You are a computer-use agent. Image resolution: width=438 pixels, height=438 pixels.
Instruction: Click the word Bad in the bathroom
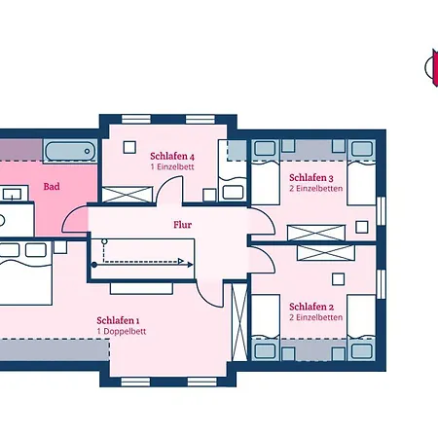pyautogui.click(x=52, y=187)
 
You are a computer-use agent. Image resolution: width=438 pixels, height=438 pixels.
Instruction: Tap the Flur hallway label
pyautogui.click(x=182, y=225)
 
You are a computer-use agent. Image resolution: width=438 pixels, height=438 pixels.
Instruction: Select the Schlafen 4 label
pyautogui.click(x=172, y=156)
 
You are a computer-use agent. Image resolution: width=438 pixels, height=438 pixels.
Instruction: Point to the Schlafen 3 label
pyautogui.click(x=311, y=178)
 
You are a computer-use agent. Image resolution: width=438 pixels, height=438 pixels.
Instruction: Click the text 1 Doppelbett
pyautogui.click(x=122, y=331)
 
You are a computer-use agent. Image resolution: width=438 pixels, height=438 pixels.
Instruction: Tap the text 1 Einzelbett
pyautogui.click(x=172, y=166)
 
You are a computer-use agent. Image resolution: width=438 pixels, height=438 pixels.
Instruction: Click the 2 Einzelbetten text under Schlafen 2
pyautogui.click(x=316, y=317)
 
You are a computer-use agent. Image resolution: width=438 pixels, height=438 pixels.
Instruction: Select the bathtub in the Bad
pyautogui.click(x=70, y=151)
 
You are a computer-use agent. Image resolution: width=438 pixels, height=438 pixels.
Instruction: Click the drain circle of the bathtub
pyautogui.click(x=87, y=151)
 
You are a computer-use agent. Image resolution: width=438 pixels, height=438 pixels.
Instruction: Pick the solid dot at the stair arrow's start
pyautogui.click(x=94, y=265)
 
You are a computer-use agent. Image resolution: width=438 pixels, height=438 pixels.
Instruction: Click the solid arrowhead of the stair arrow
pyautogui.click(x=191, y=265)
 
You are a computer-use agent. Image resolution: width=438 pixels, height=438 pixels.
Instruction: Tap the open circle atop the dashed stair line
pyautogui.click(x=104, y=241)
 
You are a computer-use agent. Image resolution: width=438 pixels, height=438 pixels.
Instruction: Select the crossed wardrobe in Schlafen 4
pyautogui.click(x=128, y=195)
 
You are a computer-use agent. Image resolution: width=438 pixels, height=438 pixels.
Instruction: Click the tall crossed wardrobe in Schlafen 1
pyautogui.click(x=239, y=322)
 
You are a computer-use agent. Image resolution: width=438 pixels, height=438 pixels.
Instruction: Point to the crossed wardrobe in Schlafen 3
pyautogui.click(x=316, y=233)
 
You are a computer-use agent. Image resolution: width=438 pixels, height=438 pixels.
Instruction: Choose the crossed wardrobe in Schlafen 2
pyautogui.click(x=326, y=253)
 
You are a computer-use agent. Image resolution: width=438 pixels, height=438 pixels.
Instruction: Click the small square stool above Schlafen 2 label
pyautogui.click(x=338, y=279)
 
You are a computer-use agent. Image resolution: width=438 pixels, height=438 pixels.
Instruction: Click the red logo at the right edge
pyautogui.click(x=434, y=67)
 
